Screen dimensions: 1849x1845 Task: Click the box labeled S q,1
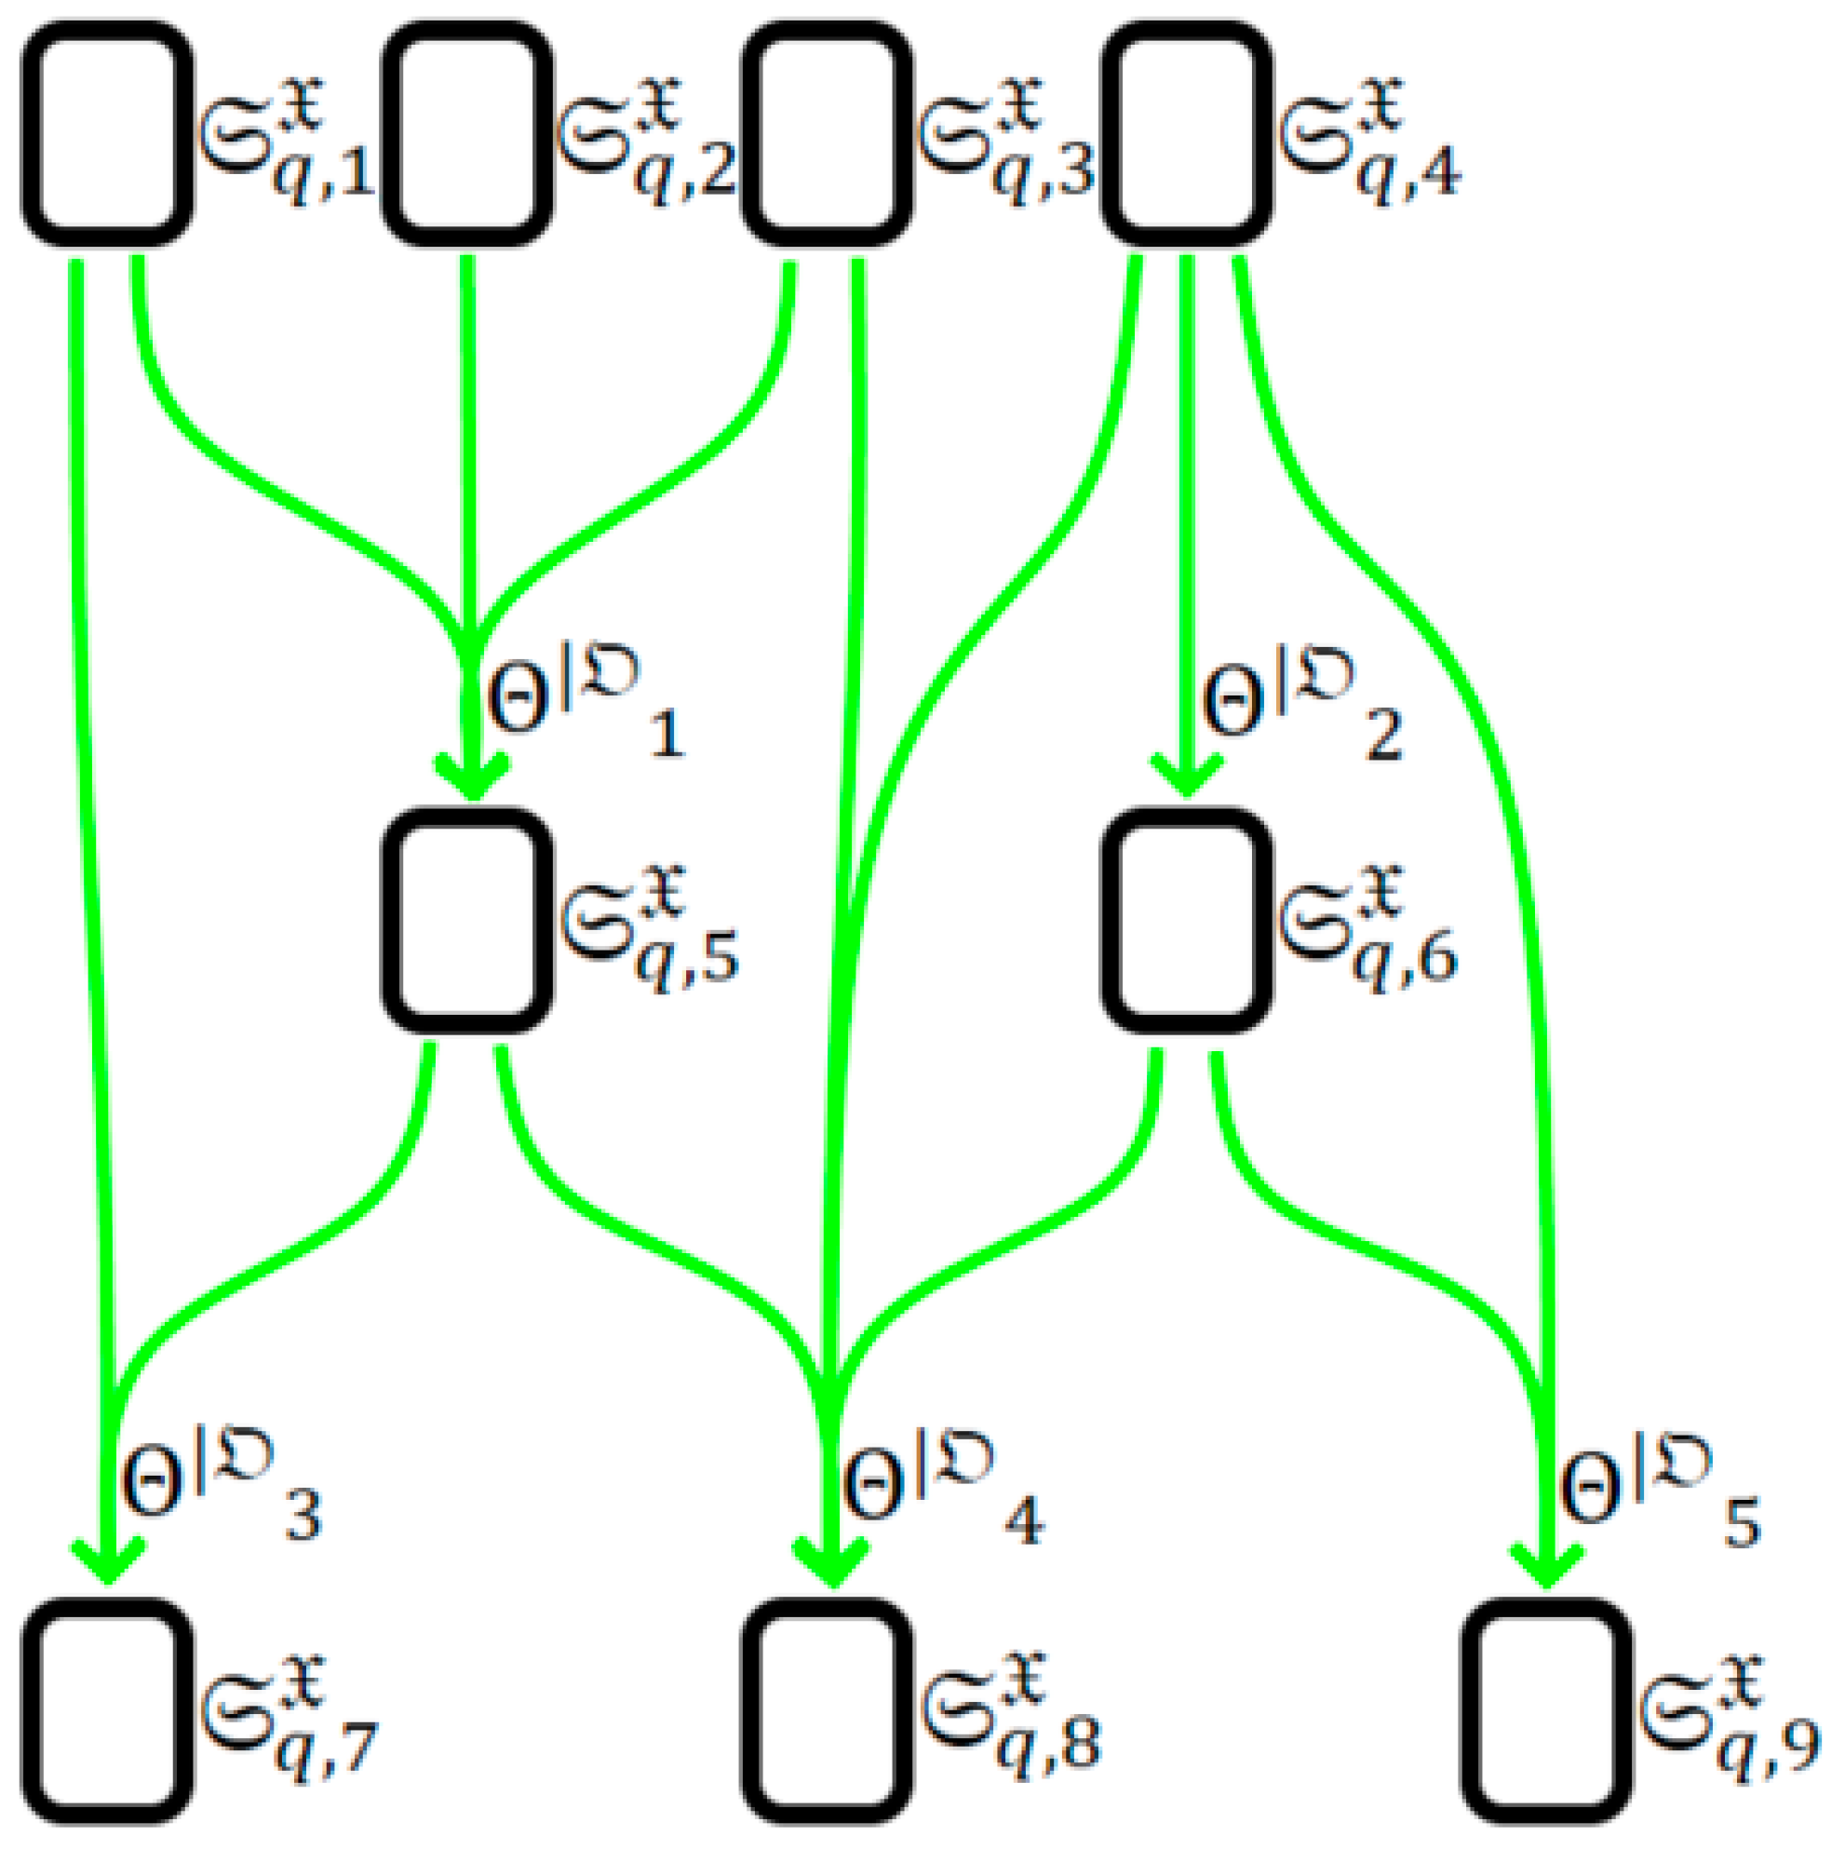pyautogui.click(x=107, y=134)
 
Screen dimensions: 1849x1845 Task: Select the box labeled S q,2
pyautogui.click(x=468, y=134)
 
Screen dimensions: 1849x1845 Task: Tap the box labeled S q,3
pyautogui.click(x=828, y=134)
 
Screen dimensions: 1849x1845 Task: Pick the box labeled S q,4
pyautogui.click(x=1188, y=134)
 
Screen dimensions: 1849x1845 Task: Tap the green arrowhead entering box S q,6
pyautogui.click(x=1187, y=776)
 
